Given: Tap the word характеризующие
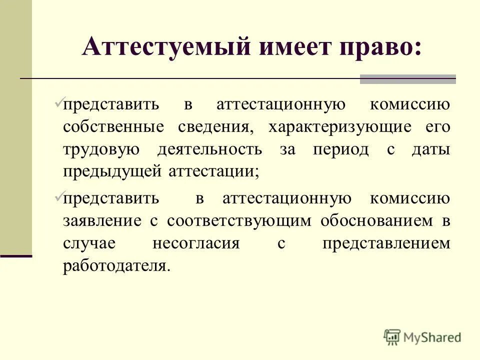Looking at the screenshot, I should pos(340,127).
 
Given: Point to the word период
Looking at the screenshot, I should pos(340,149).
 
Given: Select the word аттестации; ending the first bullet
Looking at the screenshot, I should pos(213,171).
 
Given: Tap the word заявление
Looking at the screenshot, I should pos(100,220).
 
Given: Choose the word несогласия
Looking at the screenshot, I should pos(196,243).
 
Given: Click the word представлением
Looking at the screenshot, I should pos(386,243).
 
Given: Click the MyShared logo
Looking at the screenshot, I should pos(422,336).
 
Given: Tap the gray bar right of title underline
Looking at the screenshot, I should pos(407,79).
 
